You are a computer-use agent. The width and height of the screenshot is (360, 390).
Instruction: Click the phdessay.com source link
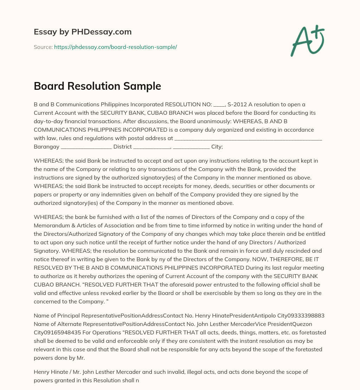(x=115, y=47)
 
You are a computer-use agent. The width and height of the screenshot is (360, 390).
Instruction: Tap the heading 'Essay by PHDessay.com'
(x=83, y=32)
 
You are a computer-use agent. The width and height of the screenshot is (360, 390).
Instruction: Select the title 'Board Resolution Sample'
(x=97, y=86)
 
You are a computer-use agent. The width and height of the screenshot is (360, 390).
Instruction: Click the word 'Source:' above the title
(x=43, y=47)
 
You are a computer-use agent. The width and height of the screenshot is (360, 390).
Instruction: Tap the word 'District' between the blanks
(x=122, y=146)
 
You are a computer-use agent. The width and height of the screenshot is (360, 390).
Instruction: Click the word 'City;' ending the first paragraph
(x=217, y=146)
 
